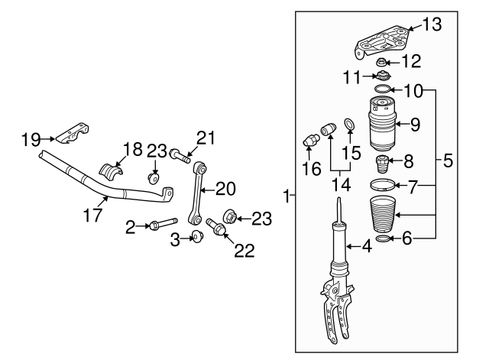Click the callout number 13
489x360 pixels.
pyautogui.click(x=432, y=25)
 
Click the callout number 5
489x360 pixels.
pyautogui.click(x=448, y=161)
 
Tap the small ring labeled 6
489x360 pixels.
pyautogui.click(x=384, y=240)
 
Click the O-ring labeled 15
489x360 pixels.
pyautogui.click(x=349, y=125)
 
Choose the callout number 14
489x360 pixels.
pyautogui.click(x=338, y=184)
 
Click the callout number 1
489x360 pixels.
pyautogui.click(x=287, y=196)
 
